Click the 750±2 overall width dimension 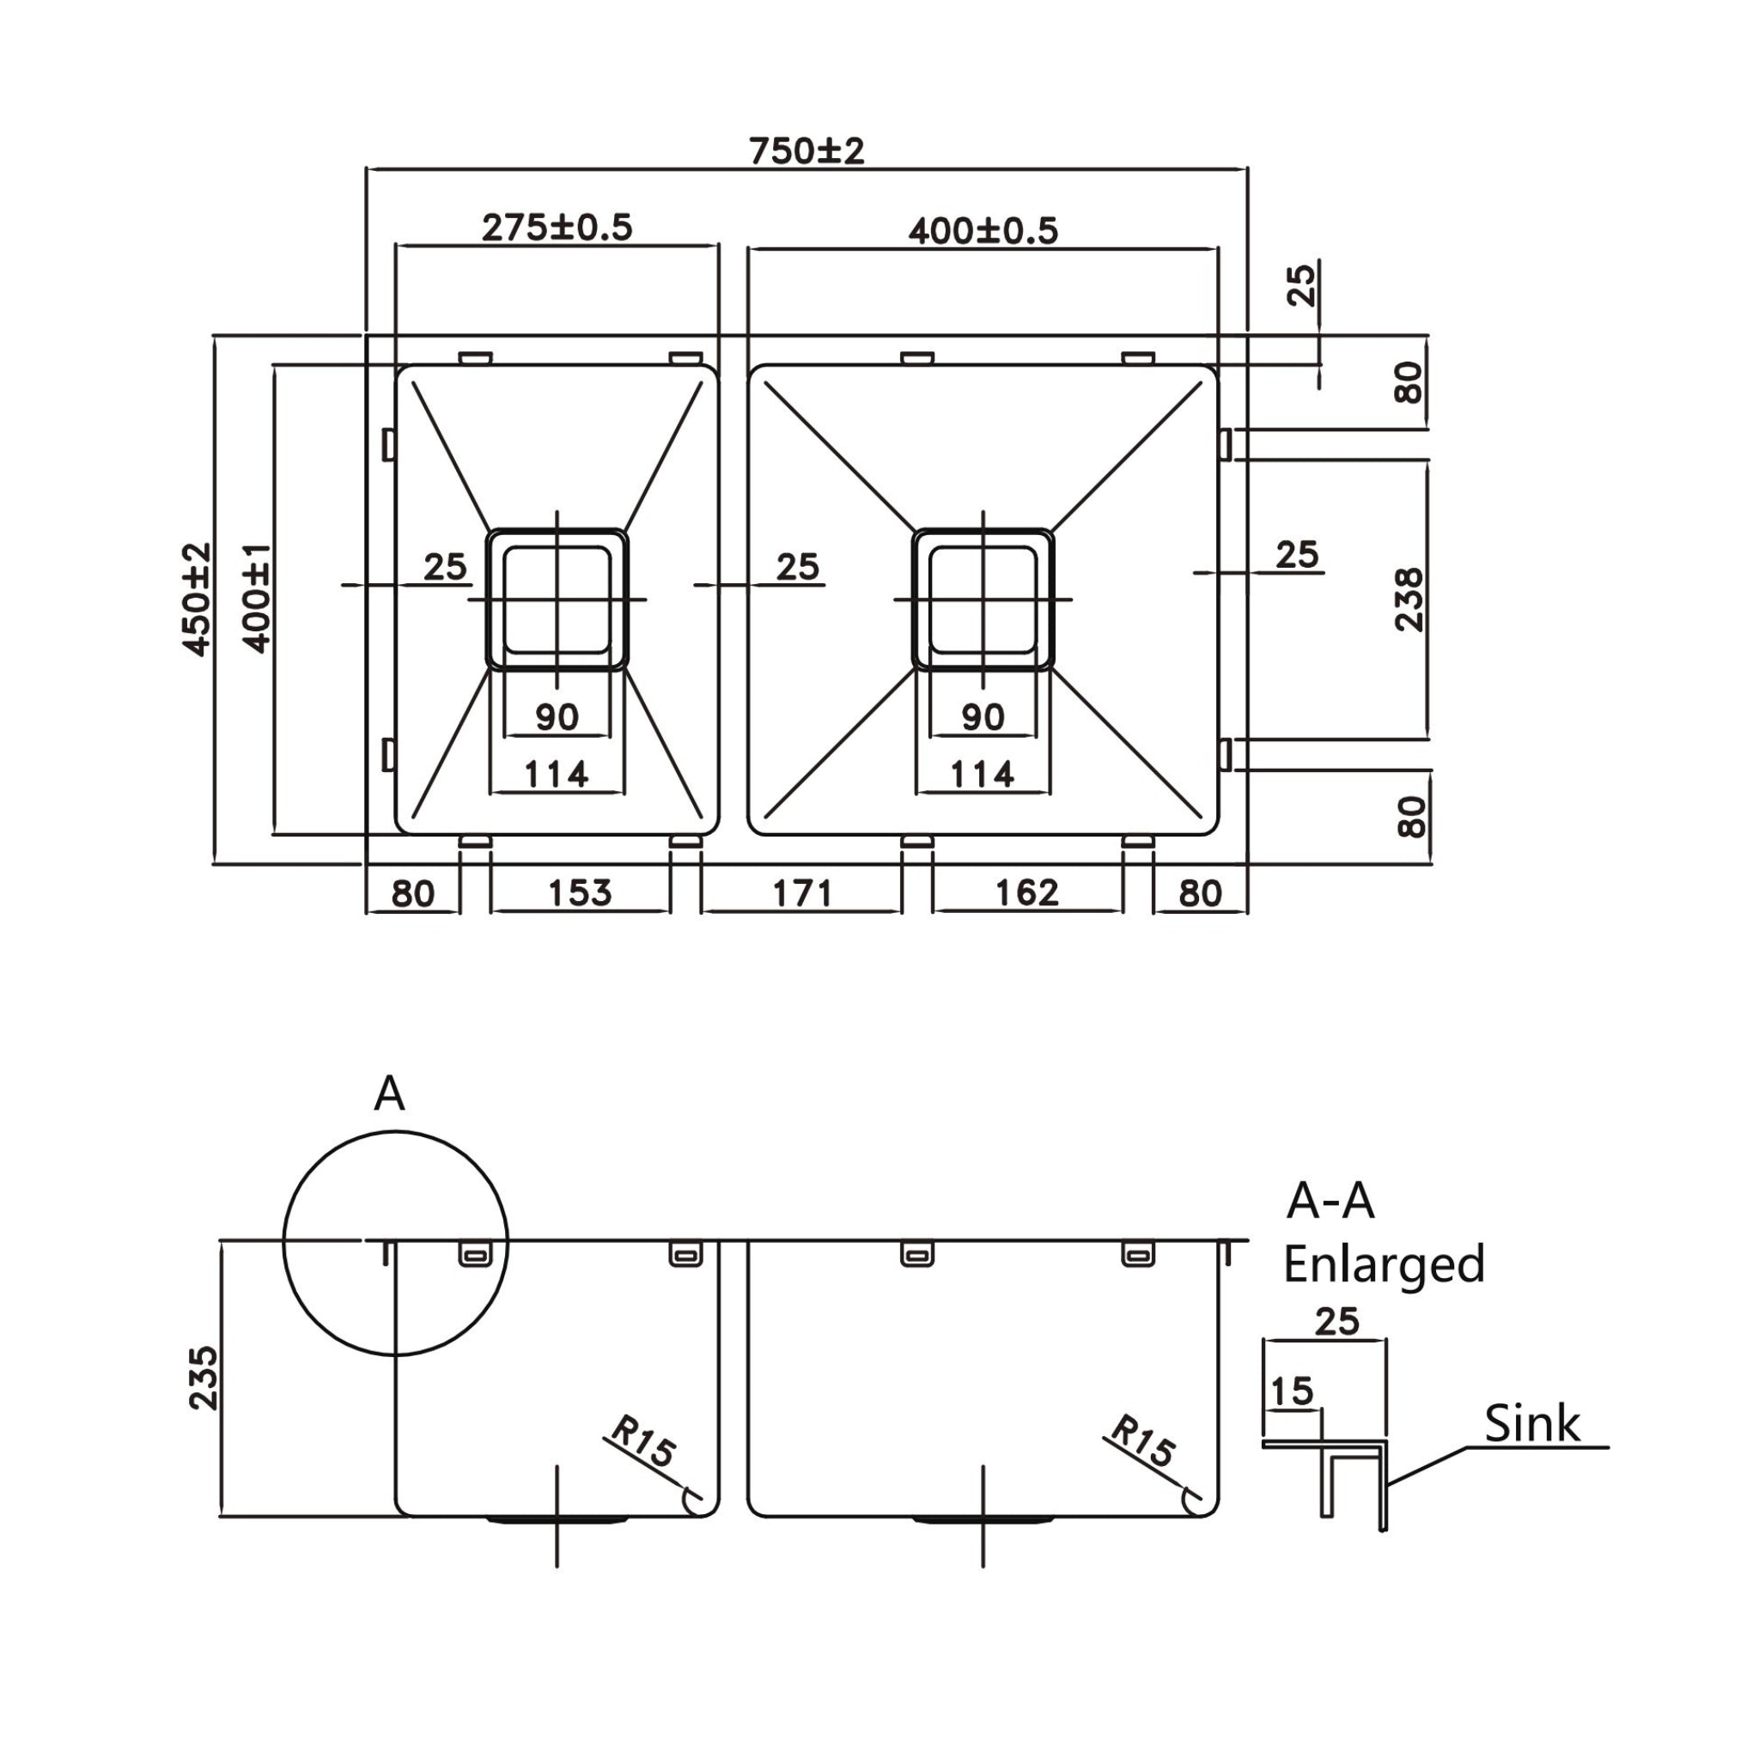click(806, 150)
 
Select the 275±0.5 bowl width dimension click(557, 227)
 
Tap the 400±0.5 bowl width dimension click(983, 230)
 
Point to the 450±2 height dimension click(198, 598)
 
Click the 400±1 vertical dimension click(258, 597)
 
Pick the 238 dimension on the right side click(1409, 600)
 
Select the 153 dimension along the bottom click(579, 892)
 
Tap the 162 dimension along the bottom click(1026, 892)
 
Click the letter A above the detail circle click(389, 1093)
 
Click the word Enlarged click(1384, 1264)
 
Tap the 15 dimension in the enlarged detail click(1291, 1391)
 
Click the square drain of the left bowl click(557, 600)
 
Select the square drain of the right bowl click(983, 600)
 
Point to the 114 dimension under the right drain click(982, 774)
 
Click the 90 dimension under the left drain click(557, 716)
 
